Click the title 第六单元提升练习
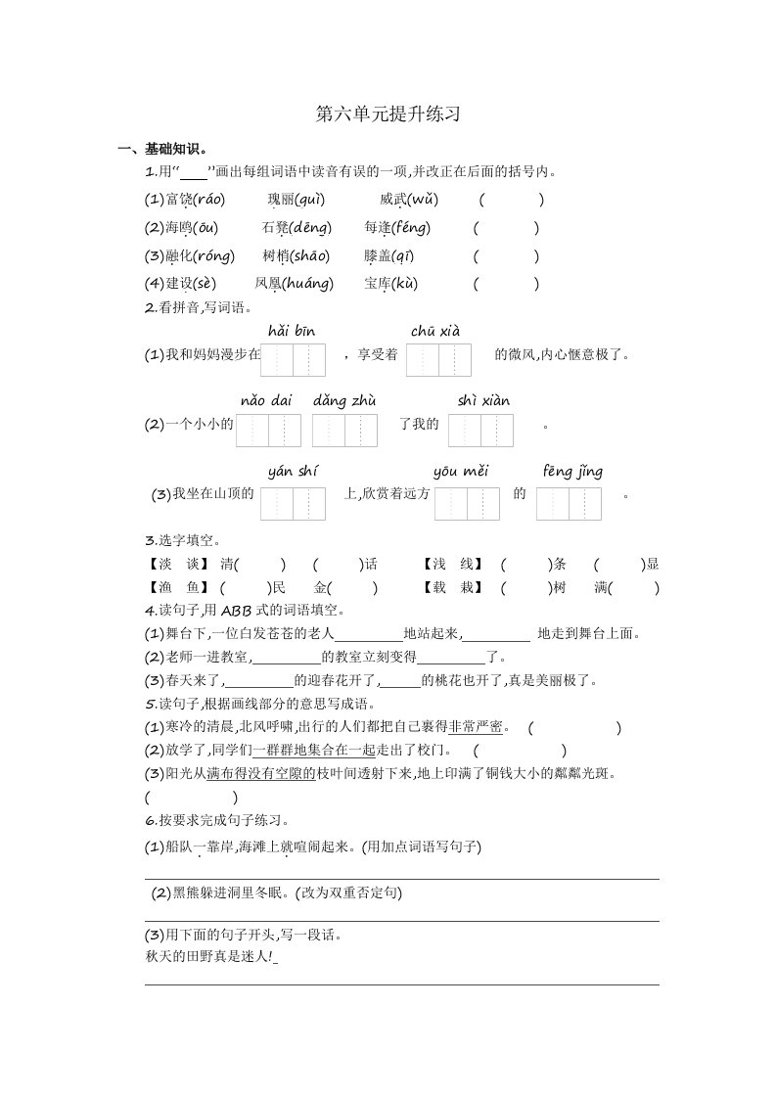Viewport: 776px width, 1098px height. (388, 114)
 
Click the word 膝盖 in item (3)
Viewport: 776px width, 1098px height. (377, 256)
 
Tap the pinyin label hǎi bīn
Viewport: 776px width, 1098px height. (292, 332)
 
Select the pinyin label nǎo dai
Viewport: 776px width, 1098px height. (266, 401)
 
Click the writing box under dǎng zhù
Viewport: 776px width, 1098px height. (344, 431)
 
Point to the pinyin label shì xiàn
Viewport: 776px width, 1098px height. (483, 401)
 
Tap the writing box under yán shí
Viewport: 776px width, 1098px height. (293, 503)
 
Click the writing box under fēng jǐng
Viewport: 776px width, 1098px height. (569, 503)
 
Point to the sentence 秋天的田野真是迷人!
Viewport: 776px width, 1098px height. (208, 957)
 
